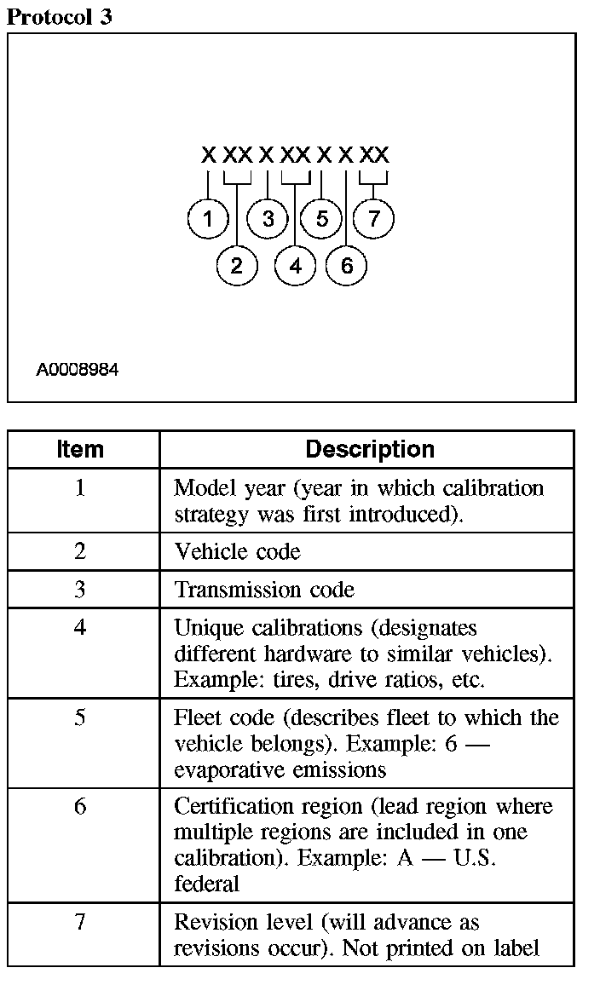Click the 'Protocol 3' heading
tap(59, 17)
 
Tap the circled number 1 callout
tap(208, 219)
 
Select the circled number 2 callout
tap(236, 266)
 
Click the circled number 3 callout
tap(268, 219)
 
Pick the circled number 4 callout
tap(295, 266)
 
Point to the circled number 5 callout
tap(321, 219)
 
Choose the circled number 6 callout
tap(346, 266)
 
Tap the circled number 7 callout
tap(373, 219)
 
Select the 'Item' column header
tap(80, 449)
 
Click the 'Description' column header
tap(369, 449)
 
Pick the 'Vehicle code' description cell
tap(237, 551)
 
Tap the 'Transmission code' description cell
tap(264, 590)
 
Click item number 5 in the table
tap(80, 717)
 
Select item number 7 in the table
tap(80, 922)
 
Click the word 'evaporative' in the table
tap(224, 769)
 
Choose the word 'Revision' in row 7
tap(211, 922)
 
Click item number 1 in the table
tap(80, 488)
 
